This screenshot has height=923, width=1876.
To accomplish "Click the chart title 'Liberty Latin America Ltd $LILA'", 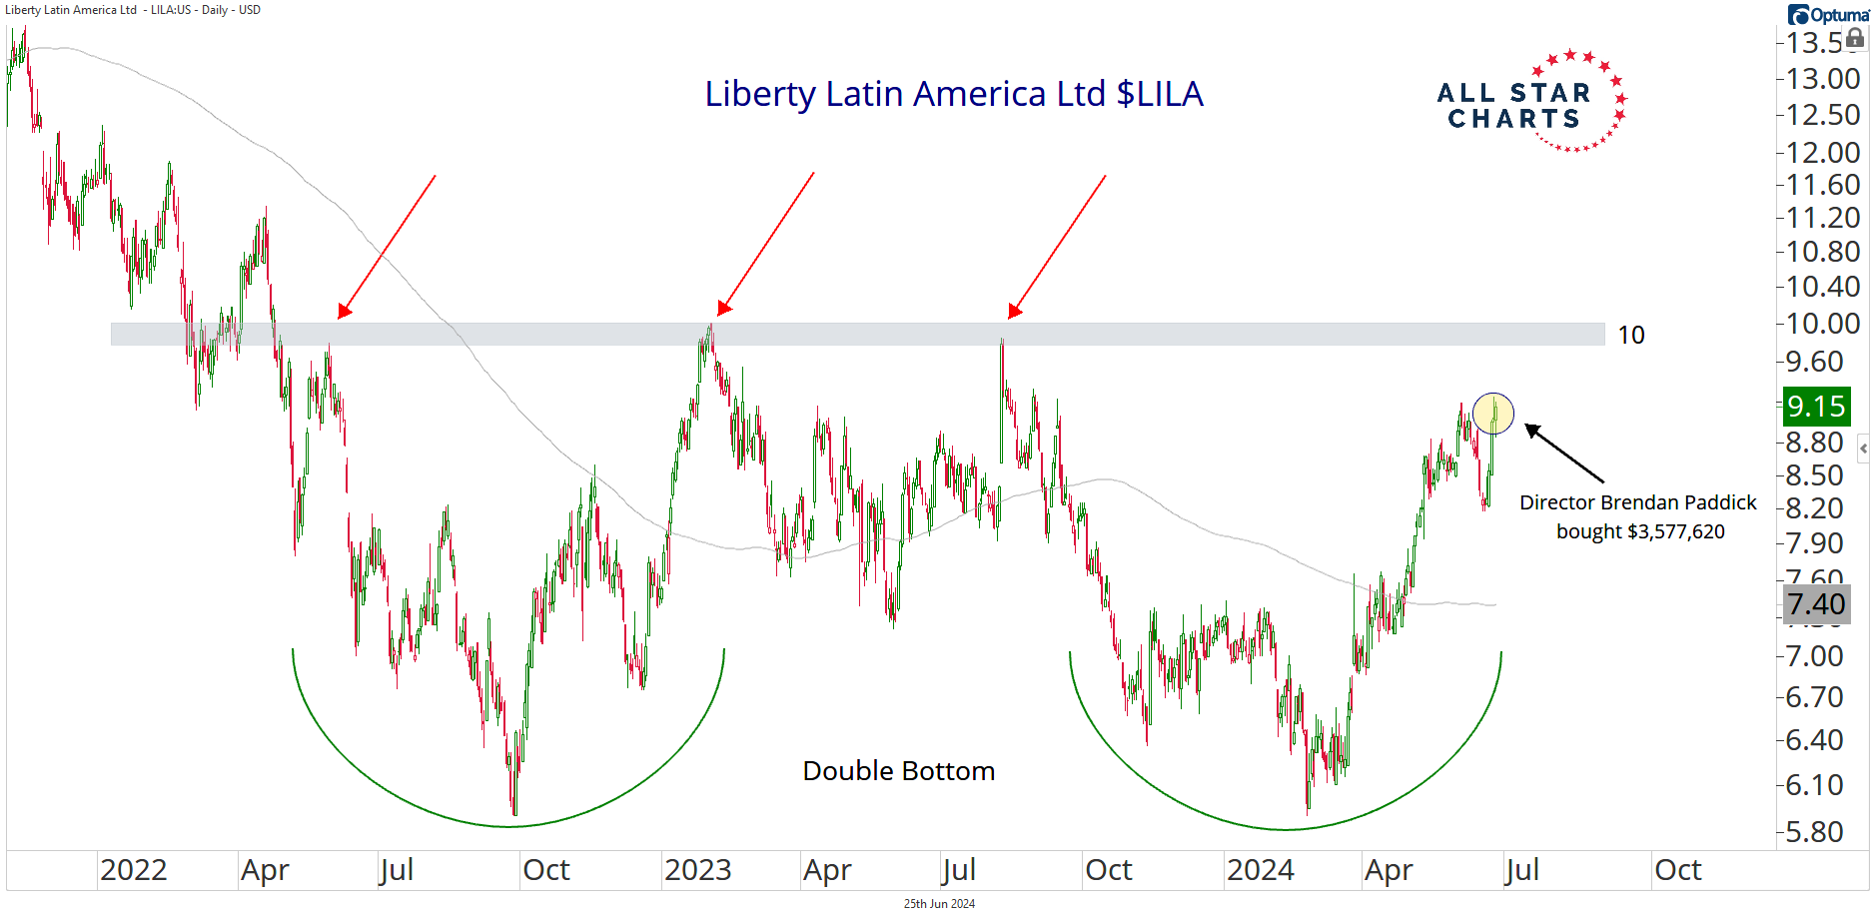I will [x=953, y=94].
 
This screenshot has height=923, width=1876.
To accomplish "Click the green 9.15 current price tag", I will [x=1815, y=407].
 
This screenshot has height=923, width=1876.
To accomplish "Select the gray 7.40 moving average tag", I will [x=1815, y=604].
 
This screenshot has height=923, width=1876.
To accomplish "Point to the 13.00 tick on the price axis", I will [x=1822, y=79].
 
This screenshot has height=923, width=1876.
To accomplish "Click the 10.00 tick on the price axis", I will [x=1822, y=324].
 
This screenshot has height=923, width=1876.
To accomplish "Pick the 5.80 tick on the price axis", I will [x=1814, y=832].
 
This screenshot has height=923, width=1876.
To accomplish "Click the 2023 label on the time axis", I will [x=697, y=870].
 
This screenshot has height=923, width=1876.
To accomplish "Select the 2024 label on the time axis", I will [x=1260, y=870].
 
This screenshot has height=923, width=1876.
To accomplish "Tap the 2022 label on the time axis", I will [x=134, y=870].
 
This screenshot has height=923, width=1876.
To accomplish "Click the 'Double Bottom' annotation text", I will [x=898, y=771].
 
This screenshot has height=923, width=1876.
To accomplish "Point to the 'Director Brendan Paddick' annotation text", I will [x=1637, y=502].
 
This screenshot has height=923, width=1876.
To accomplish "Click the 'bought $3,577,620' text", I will [x=1640, y=531].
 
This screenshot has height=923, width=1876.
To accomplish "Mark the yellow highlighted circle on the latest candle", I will [x=1492, y=413].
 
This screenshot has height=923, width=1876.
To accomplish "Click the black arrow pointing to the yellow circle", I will [x=1563, y=454].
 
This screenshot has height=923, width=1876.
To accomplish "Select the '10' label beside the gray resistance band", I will [x=1630, y=336].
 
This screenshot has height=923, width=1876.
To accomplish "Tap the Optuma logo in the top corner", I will [x=1828, y=14].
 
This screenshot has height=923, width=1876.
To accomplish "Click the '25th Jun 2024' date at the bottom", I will [x=939, y=904].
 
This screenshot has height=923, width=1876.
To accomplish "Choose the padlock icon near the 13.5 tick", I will [x=1855, y=39].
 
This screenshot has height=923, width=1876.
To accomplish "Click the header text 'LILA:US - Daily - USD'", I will [x=205, y=10].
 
